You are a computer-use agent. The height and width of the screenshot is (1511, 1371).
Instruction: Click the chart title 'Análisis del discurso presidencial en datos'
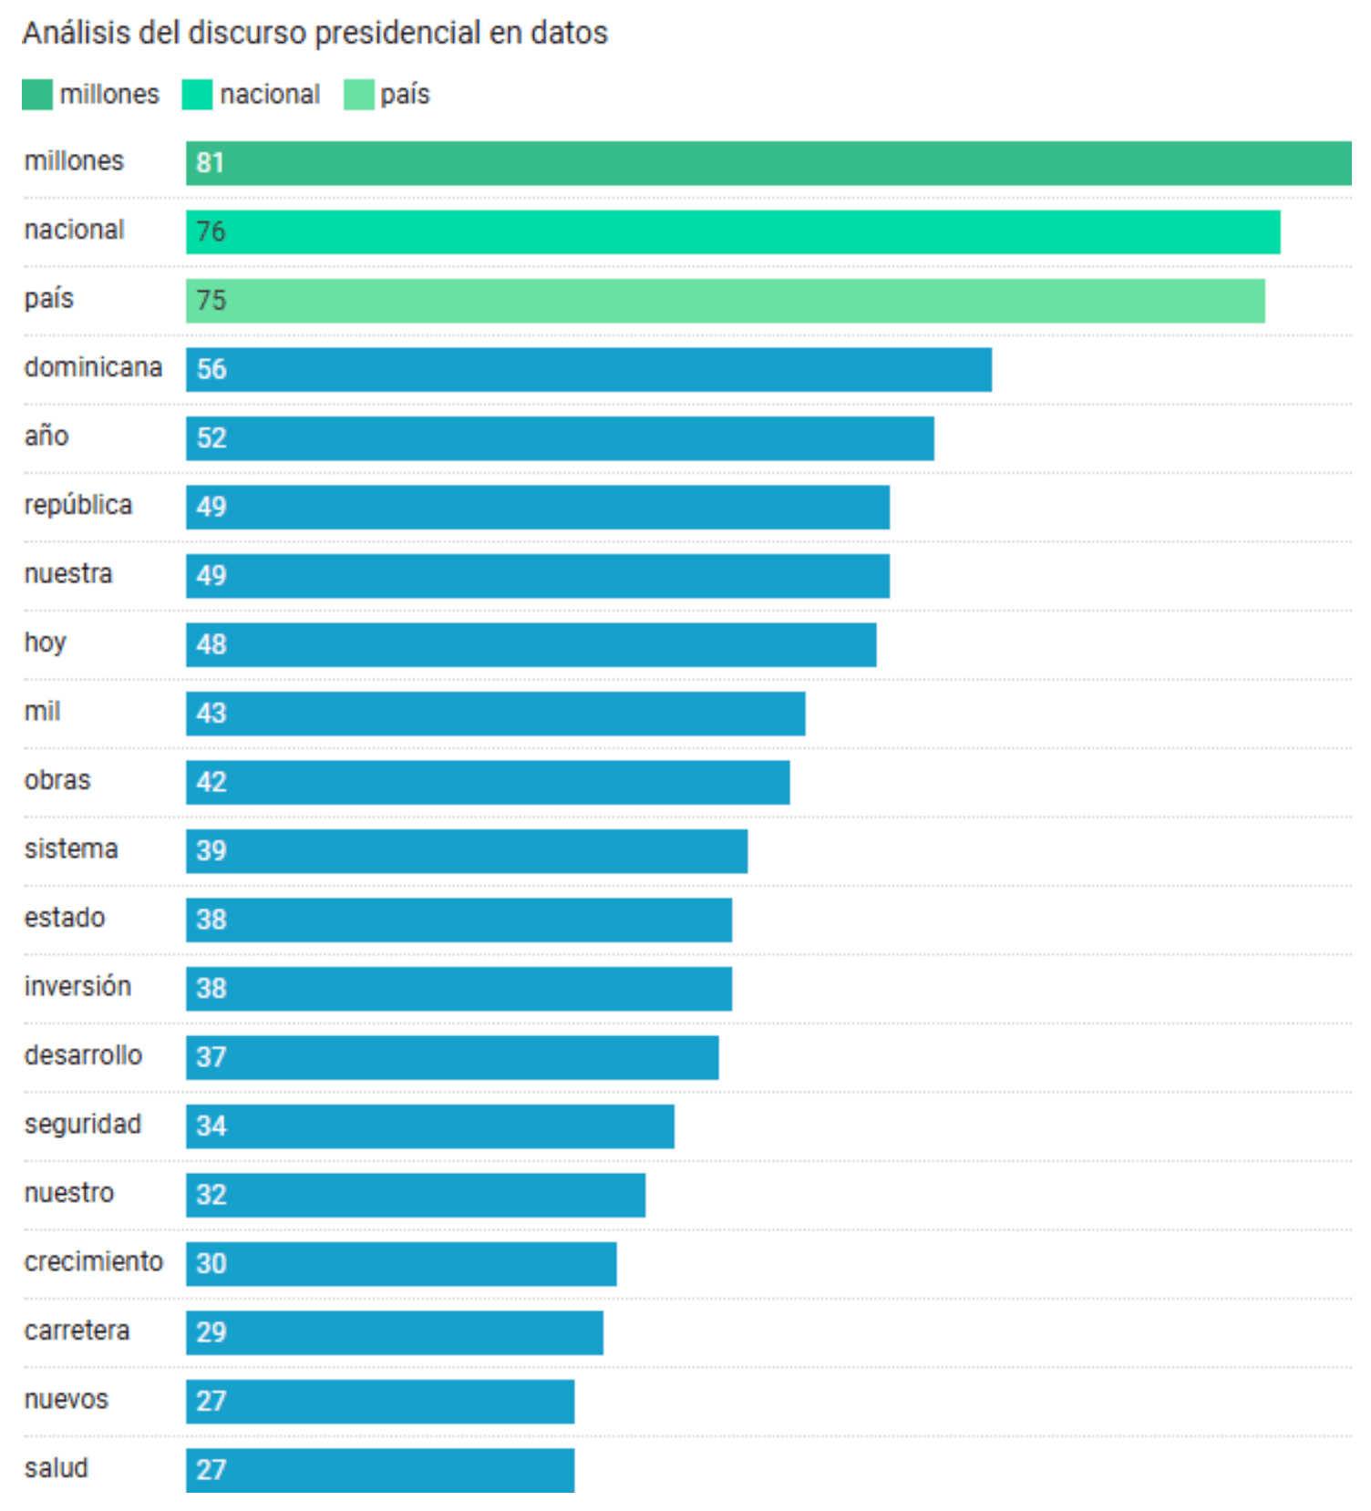[314, 33]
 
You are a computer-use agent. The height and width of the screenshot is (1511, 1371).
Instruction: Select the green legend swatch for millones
[37, 94]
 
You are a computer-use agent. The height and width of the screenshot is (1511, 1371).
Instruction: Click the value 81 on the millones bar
[210, 163]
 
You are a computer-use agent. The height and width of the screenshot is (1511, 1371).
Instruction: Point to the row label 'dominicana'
[93, 367]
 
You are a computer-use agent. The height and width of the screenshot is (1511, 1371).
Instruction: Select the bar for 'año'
[560, 438]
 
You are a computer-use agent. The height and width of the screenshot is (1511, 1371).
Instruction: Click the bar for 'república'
[538, 507]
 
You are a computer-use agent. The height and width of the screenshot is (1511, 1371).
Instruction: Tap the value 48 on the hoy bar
[211, 644]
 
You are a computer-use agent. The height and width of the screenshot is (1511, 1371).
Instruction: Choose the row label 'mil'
[42, 711]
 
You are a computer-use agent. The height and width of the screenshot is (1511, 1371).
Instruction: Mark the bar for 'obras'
[488, 782]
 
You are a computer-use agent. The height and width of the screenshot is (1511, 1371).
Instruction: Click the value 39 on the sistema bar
[211, 850]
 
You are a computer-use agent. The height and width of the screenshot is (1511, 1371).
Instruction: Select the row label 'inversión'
[77, 986]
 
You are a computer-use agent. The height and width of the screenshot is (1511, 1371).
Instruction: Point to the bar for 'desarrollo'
[452, 1057]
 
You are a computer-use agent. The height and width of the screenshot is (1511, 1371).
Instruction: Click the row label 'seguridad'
[82, 1124]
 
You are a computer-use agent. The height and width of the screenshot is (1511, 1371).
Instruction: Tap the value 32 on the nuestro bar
[211, 1195]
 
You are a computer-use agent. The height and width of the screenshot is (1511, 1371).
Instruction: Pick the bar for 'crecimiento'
[401, 1264]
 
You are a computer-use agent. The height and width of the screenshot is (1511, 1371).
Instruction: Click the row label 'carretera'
[77, 1331]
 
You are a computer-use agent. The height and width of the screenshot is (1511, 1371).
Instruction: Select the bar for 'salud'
[380, 1470]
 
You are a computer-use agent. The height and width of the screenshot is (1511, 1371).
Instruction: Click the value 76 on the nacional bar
[211, 231]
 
